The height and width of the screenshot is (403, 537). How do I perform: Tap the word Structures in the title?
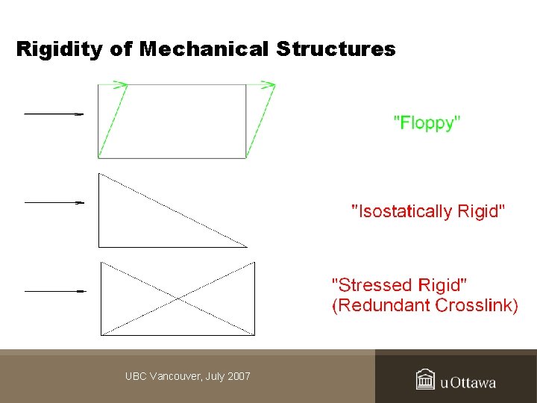tap(336, 50)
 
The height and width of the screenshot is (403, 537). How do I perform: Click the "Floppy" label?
tap(427, 123)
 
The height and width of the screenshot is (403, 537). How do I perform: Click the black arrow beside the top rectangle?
tap(53, 114)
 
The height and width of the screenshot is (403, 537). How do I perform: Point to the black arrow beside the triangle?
tap(53, 201)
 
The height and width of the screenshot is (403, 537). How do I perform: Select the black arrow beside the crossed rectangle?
tap(53, 290)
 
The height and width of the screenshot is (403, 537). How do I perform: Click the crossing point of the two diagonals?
tap(178, 299)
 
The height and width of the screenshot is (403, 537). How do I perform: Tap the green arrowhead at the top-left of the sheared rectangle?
tap(120, 84)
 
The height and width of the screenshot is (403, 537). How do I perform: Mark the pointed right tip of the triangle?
tap(245, 246)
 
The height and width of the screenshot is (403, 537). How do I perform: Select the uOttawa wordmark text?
tap(468, 383)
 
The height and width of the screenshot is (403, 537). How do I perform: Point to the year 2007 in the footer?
tap(239, 376)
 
